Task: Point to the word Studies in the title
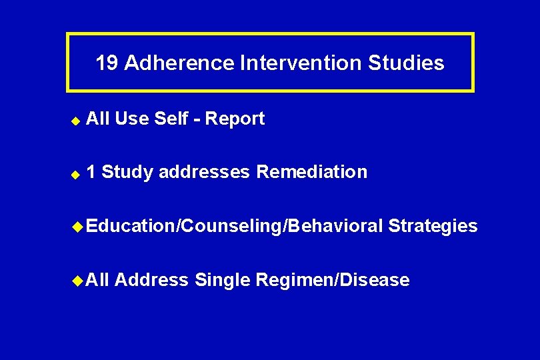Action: [407, 63]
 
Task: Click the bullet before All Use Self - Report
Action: [76, 120]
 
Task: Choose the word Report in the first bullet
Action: [235, 119]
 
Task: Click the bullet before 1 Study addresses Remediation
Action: [76, 173]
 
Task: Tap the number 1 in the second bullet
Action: [91, 172]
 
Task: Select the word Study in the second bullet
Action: [127, 172]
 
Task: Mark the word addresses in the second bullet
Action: [205, 172]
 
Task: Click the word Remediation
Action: [311, 172]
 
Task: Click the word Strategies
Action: [433, 226]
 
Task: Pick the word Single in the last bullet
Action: [221, 280]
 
